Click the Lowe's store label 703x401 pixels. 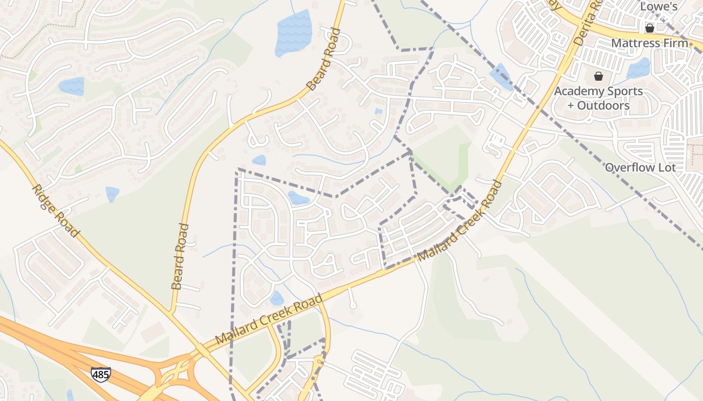(659, 7)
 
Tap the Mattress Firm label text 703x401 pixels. (649, 43)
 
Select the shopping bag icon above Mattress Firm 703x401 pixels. (649, 28)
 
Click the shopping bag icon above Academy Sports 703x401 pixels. (598, 76)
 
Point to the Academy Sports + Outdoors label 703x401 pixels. (598, 98)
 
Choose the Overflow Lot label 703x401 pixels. (640, 167)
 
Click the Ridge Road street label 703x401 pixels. (55, 211)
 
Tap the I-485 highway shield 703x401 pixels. (100, 374)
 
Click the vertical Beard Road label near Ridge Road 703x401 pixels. (180, 257)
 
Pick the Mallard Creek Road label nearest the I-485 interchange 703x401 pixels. (269, 320)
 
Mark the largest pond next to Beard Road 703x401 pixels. (294, 33)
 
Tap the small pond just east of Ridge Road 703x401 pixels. (112, 193)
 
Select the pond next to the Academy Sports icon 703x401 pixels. (639, 68)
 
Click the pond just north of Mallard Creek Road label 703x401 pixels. (276, 299)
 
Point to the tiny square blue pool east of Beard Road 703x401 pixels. (378, 111)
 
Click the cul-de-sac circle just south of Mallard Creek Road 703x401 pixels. (353, 305)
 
